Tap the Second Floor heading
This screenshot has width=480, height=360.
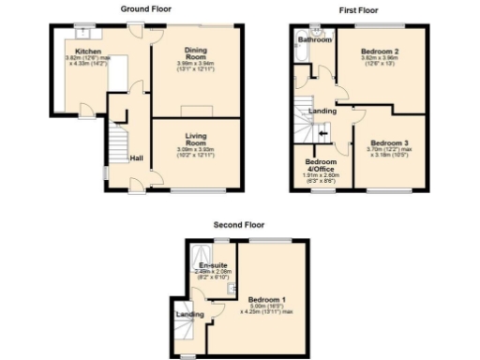239,225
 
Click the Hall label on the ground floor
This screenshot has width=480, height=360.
136,158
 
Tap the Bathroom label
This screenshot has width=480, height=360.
315,40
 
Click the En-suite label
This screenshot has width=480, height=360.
210,265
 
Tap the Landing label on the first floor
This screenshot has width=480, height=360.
323,111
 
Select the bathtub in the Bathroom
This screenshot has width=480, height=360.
299,67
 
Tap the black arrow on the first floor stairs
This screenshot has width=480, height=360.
323,134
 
